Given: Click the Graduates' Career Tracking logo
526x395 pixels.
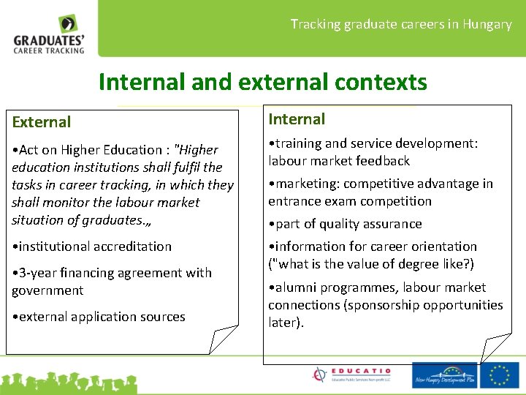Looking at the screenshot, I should coord(50,34).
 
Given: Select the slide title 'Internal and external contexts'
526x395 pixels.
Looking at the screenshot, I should coord(262,82).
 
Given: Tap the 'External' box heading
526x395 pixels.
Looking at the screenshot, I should coord(42,122).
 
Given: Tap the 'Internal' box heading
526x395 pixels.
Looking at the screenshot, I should coord(297,119).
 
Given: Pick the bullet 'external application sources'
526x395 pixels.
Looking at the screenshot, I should coord(99,317).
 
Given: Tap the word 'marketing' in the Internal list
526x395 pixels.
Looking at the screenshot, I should coord(307,184).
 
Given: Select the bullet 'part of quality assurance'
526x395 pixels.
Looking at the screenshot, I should coord(345,224).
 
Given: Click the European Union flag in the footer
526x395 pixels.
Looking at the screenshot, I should coord(500,375).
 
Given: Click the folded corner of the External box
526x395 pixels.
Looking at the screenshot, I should coord(222,339).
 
